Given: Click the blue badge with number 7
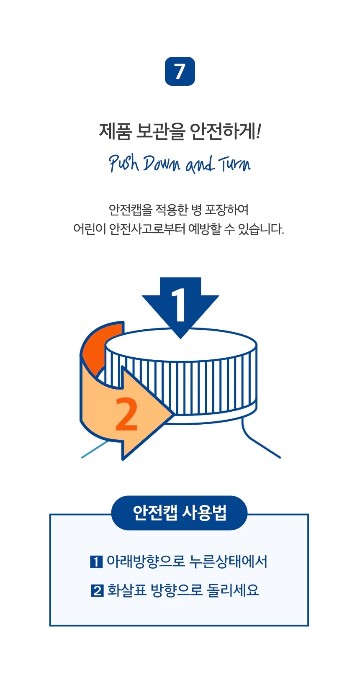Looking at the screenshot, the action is (180, 71).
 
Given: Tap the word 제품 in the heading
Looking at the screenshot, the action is (115, 131).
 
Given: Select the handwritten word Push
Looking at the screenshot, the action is (124, 164).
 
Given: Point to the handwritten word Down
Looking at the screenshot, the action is (162, 164).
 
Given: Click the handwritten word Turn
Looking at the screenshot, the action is (234, 164).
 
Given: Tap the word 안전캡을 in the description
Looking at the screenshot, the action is (130, 210).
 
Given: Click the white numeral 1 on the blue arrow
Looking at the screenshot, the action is (179, 305).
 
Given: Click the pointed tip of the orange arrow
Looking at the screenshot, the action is (173, 415).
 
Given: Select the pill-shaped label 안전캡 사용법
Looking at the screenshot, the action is (180, 513).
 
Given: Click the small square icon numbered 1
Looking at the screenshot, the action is (96, 562).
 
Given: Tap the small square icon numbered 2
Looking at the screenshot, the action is (97, 591).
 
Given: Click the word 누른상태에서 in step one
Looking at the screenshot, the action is (228, 561).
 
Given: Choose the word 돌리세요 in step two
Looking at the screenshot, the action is (233, 590).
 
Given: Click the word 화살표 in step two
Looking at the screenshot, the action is (127, 590).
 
